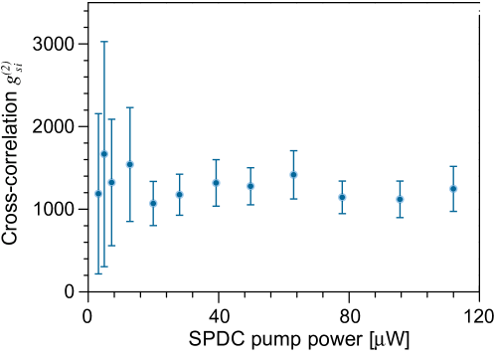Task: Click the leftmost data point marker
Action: pos(98,193)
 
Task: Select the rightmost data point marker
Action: pos(453,188)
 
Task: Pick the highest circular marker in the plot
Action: pos(103,153)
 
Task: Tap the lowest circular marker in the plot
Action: pos(153,203)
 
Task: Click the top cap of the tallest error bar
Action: pos(103,42)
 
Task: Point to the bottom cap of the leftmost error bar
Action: pos(98,273)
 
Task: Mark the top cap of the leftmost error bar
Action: pos(98,113)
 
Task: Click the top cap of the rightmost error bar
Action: pos(453,166)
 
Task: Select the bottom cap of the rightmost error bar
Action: pos(453,211)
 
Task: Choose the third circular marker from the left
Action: pos(111,182)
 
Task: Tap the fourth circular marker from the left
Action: pos(129,164)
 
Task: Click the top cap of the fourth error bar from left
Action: pos(129,107)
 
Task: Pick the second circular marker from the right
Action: pos(400,199)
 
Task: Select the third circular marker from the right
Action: pos(342,197)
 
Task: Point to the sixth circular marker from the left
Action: pos(179,194)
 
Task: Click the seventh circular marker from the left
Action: pos(216,182)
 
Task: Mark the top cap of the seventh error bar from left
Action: pos(216,159)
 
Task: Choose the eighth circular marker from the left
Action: pos(250,186)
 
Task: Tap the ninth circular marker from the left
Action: pos(293,174)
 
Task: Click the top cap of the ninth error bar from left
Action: pos(293,150)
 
